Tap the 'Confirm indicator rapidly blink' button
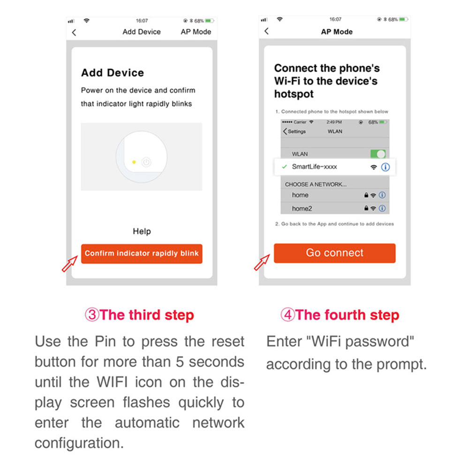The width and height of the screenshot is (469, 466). tap(142, 254)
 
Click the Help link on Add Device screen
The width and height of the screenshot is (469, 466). tap(142, 231)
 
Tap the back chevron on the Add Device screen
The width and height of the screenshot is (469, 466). tap(74, 32)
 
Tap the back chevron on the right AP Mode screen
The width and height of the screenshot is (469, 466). tap(266, 31)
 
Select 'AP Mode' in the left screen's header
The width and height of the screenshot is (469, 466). tap(196, 32)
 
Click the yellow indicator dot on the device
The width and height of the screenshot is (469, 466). tap(134, 162)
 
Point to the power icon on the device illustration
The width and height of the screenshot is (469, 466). tap(146, 162)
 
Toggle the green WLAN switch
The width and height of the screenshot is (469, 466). tap(378, 154)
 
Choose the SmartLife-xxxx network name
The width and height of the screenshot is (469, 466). tap(314, 167)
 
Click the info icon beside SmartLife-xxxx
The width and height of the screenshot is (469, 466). tap(385, 167)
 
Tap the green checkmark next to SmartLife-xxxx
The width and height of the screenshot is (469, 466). tap(285, 167)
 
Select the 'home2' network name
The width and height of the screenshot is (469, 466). tap(302, 208)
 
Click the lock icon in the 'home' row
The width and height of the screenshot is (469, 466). tap(366, 195)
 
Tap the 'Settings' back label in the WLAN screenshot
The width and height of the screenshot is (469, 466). tap(295, 132)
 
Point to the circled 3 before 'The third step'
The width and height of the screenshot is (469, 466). tap(92, 315)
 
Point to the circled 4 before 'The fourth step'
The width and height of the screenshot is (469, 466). tap(288, 315)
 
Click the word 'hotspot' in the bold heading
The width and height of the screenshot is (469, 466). tap(294, 94)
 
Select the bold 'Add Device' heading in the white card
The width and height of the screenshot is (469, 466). tap(113, 73)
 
